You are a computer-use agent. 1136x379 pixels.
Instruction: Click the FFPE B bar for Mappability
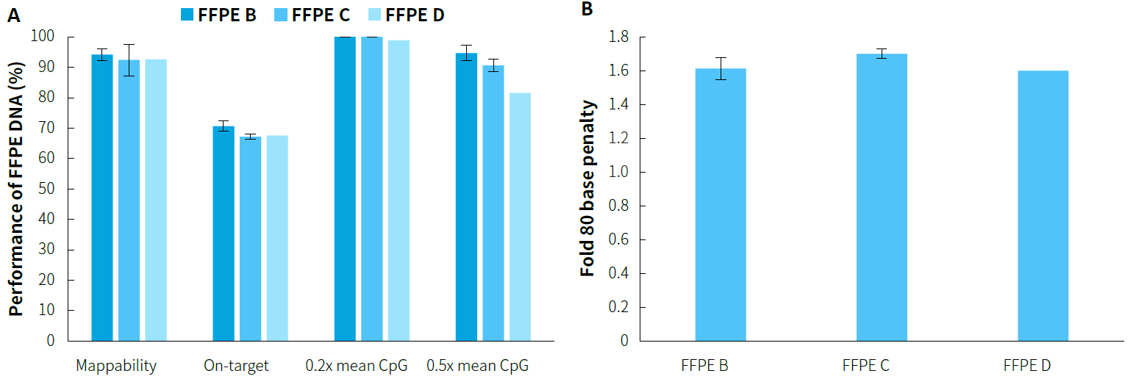(102, 198)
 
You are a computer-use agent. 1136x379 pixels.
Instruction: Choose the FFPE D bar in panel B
(1043, 206)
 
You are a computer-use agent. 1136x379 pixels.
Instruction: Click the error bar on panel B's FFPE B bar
(721, 68)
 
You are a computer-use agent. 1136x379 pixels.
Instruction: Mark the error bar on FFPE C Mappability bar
(129, 59)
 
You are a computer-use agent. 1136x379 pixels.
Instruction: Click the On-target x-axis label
(237, 366)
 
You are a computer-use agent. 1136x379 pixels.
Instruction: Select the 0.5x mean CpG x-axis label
(477, 366)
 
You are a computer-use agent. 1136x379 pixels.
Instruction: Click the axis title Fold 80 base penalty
(587, 189)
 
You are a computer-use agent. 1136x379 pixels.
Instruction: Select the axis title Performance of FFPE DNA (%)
(15, 189)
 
